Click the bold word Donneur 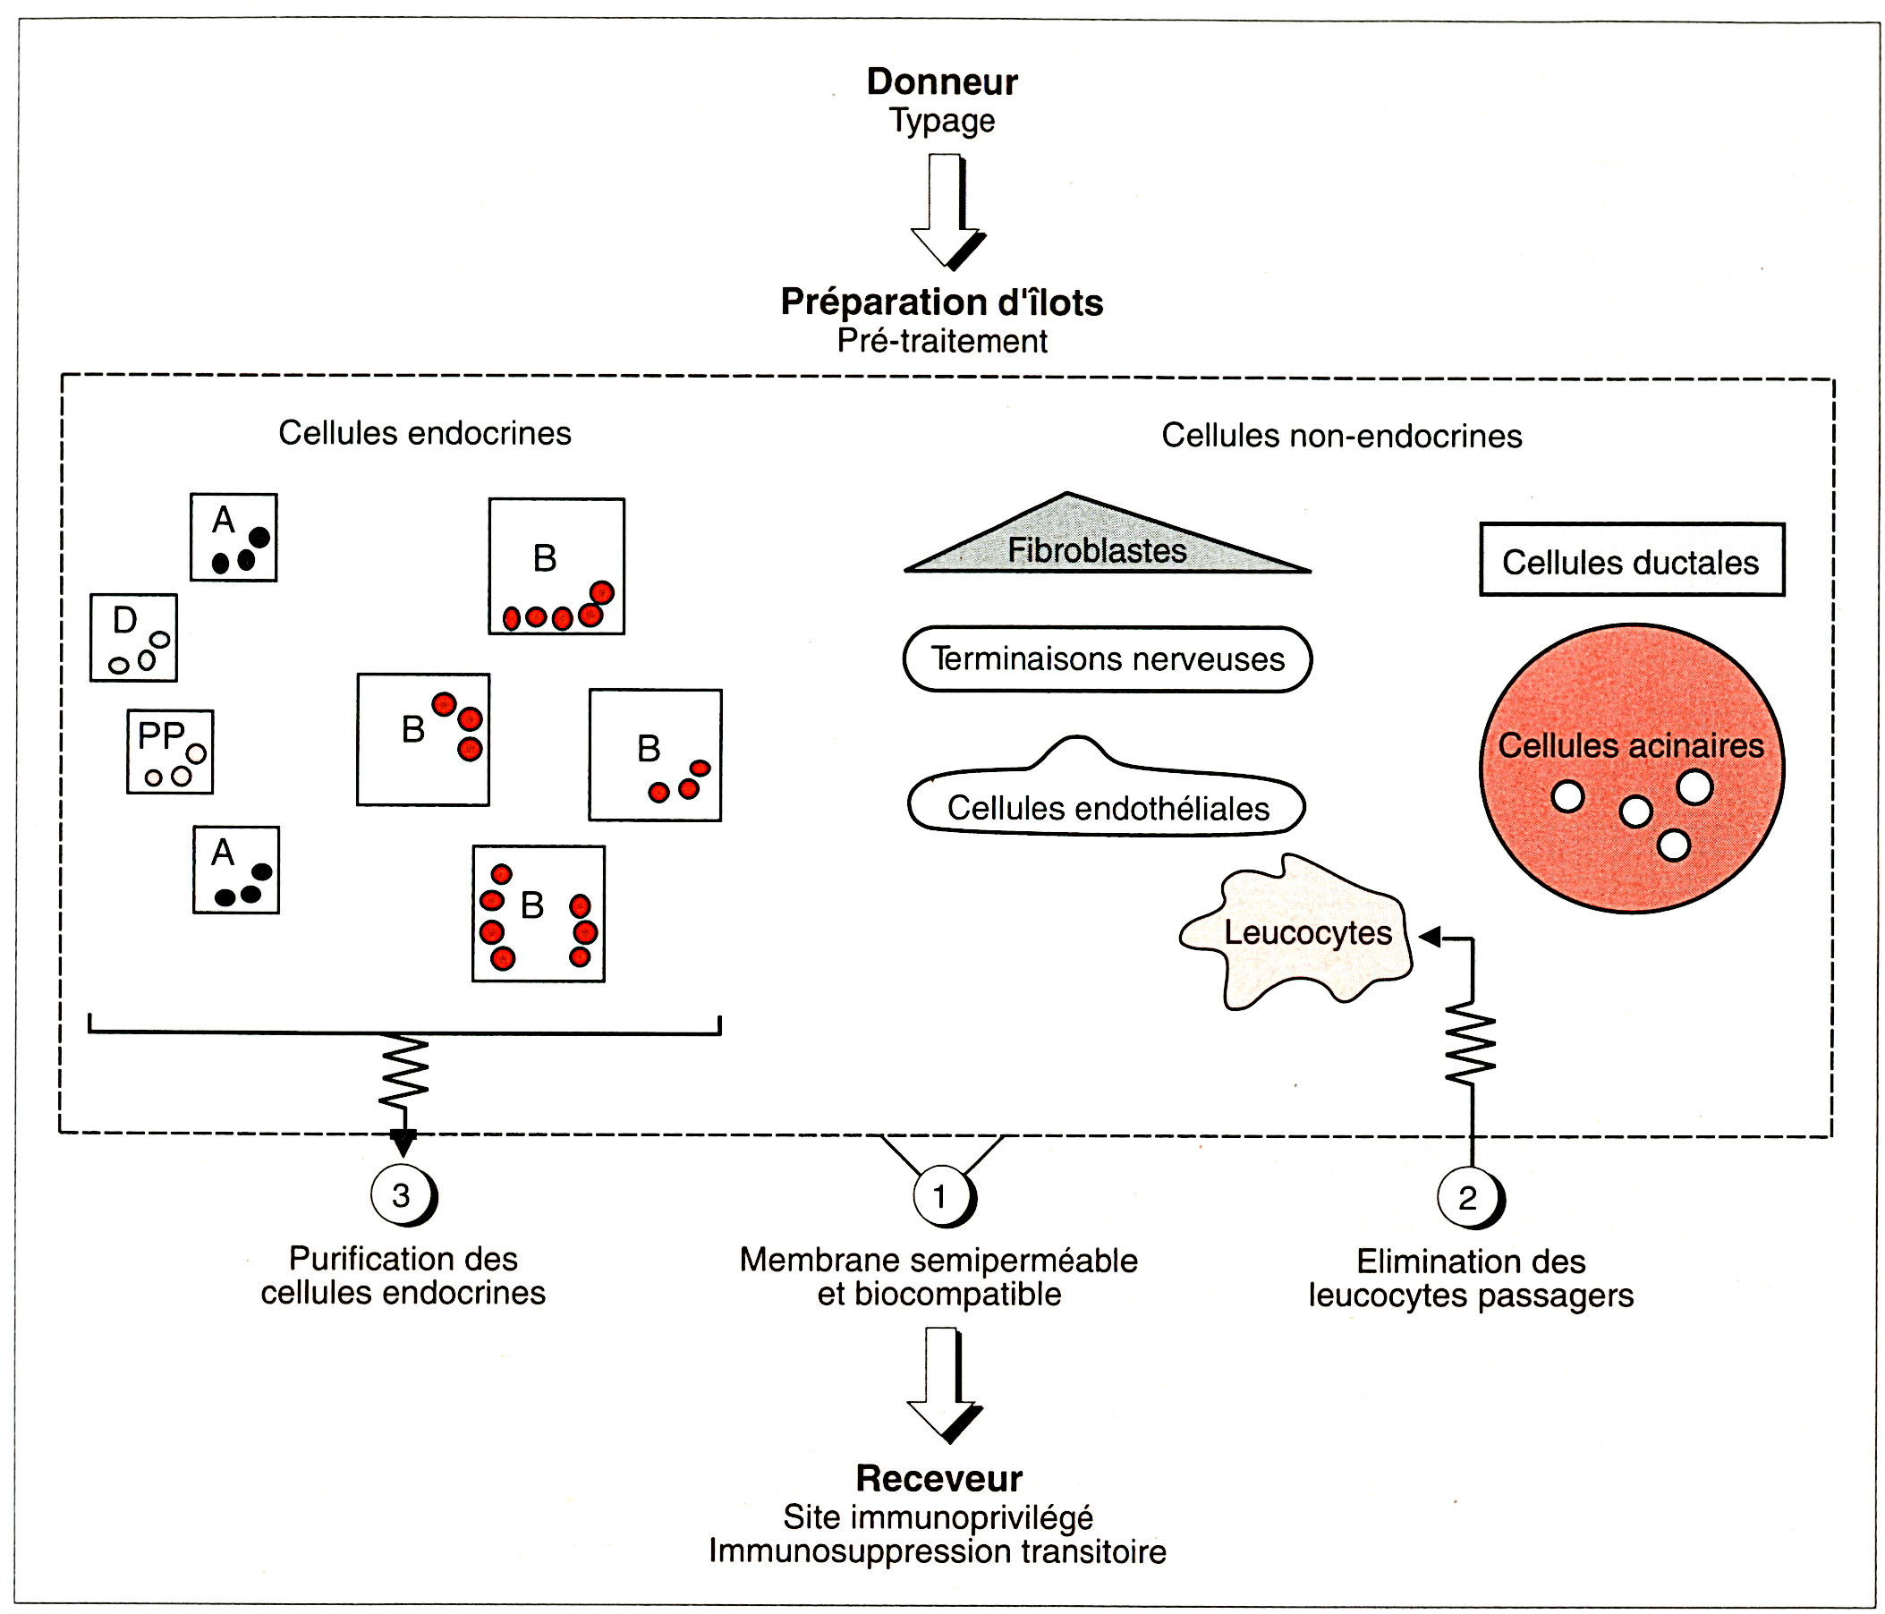(x=941, y=82)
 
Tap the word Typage (x=941, y=120)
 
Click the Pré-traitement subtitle (x=941, y=341)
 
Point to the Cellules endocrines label (x=425, y=433)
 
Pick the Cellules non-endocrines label (x=1341, y=436)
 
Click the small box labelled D (x=133, y=638)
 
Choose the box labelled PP (x=170, y=752)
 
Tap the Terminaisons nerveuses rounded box (x=1108, y=658)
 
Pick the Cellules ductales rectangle (x=1631, y=560)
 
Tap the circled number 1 (x=940, y=1196)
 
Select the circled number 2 (x=1466, y=1198)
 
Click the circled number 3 (x=401, y=1196)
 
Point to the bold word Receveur (x=938, y=1478)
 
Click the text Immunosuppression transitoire (x=937, y=1551)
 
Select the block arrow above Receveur (x=943, y=1383)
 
